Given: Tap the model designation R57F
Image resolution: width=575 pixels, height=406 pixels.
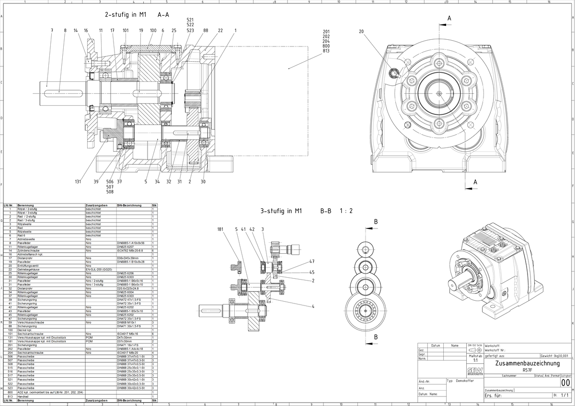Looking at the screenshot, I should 527,370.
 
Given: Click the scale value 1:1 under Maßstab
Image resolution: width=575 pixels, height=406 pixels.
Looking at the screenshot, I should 475,360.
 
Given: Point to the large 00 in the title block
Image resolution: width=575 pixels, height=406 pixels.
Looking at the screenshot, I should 565,383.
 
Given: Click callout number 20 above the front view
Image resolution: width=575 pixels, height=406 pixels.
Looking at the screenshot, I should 361,32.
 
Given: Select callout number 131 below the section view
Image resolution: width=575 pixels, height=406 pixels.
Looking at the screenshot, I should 78,182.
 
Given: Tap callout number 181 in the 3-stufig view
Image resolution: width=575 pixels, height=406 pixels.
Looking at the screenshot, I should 220,229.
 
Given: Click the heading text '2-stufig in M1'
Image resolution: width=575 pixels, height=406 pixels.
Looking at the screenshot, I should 125,15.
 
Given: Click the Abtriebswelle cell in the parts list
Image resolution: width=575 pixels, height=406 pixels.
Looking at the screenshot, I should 27,239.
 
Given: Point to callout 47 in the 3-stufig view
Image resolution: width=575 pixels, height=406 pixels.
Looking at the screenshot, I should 312,262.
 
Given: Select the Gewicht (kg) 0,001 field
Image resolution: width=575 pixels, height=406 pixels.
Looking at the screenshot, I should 555,356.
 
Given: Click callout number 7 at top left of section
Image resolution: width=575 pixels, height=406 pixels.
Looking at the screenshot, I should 52,31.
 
